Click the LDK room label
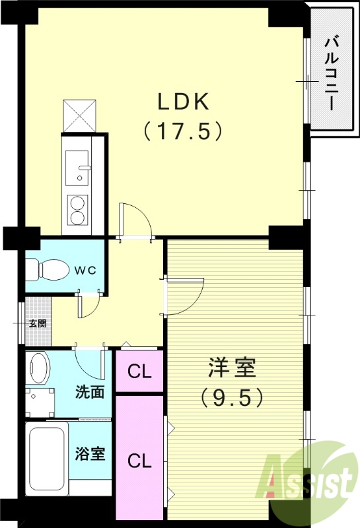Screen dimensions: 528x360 point(182,102)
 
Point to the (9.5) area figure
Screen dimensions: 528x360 point(232,397)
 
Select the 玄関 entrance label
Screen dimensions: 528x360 point(37,323)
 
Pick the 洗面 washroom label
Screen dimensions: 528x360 point(89,391)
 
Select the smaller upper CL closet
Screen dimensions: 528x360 point(139,372)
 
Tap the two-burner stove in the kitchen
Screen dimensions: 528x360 point(79,209)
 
